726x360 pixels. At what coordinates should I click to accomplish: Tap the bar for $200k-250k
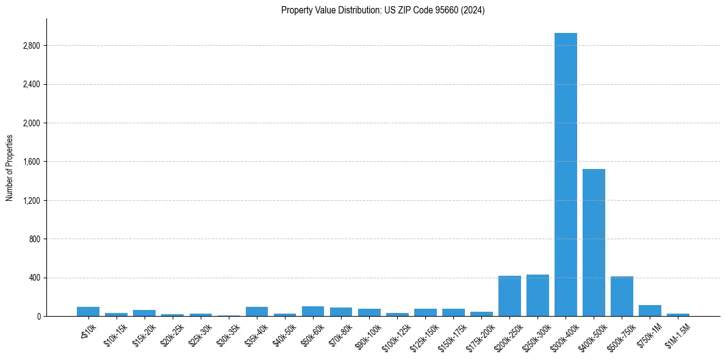pos(509,296)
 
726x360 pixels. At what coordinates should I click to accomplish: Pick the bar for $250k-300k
pos(537,295)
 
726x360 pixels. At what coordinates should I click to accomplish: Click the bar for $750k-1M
pos(650,311)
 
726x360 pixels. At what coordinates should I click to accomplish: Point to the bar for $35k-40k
pos(257,311)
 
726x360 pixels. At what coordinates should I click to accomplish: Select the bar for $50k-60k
pos(313,311)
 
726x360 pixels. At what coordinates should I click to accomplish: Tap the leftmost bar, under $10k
pos(88,311)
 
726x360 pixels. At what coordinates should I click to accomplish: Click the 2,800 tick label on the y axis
pos(31,46)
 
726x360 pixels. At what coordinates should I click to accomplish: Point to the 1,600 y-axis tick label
pos(31,162)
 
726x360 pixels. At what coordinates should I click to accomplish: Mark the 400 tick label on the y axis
pos(34,278)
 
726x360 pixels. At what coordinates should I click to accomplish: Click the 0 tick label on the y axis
pos(38,316)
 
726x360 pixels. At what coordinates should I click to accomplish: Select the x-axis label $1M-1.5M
pos(677,333)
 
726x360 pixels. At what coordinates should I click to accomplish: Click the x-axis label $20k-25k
pos(173,333)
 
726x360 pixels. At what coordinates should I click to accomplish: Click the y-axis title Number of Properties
pos(10,168)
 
